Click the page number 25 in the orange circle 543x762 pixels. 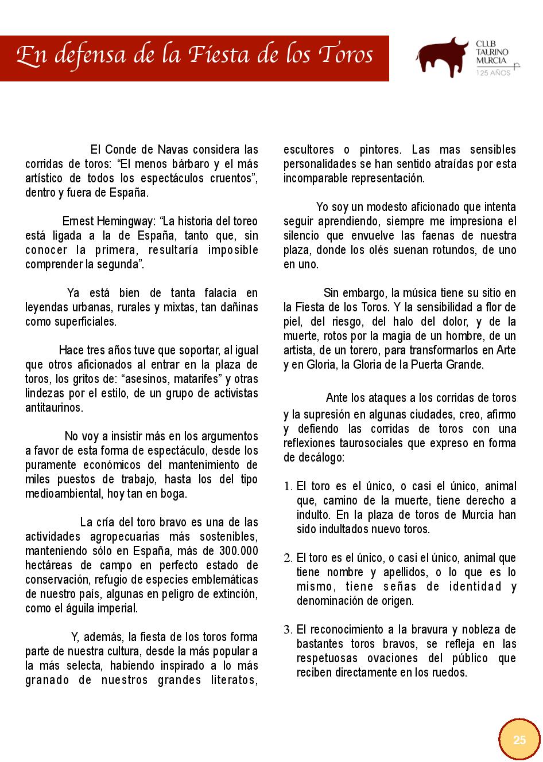tap(519, 740)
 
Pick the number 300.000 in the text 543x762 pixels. tap(238, 551)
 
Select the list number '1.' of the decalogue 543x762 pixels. tap(288, 487)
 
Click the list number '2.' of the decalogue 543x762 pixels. tap(288, 558)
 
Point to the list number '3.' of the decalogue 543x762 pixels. tap(288, 630)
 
